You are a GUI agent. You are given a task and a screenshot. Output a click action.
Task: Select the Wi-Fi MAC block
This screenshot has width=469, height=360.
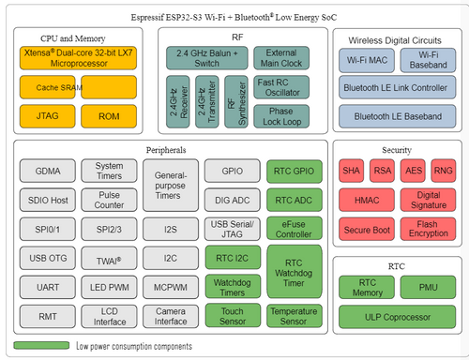(x=369, y=60)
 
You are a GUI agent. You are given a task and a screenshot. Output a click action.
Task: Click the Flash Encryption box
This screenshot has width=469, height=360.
(x=427, y=229)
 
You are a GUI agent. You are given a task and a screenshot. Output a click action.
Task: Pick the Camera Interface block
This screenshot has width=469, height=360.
(x=171, y=317)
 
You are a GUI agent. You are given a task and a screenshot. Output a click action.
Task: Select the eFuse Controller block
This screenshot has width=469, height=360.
(x=295, y=229)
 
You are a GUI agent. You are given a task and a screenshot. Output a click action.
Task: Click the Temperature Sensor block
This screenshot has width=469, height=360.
(x=295, y=317)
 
